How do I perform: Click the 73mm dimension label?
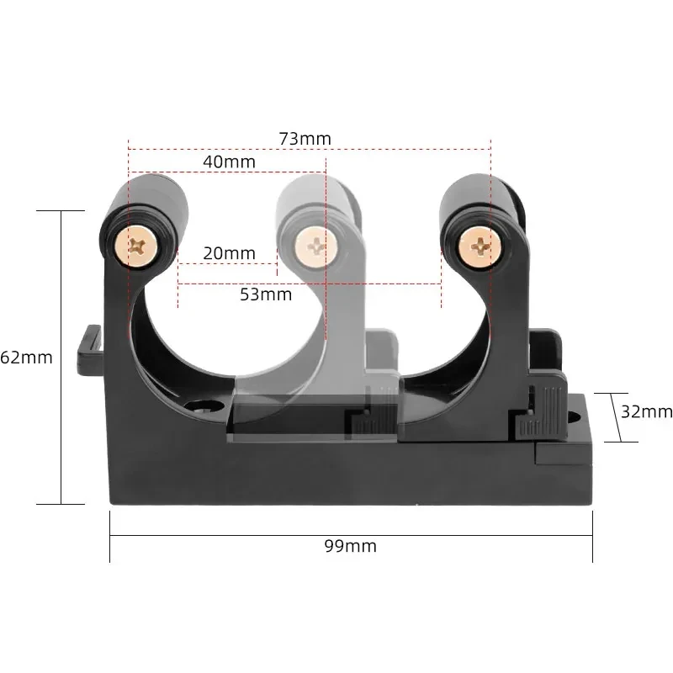pos(305,138)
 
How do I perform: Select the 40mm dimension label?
pos(229,161)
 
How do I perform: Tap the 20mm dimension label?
pos(228,253)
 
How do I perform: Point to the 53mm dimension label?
pos(266,294)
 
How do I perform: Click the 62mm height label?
pos(27,357)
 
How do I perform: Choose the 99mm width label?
pos(350,546)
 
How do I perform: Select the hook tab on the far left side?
pos(87,350)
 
